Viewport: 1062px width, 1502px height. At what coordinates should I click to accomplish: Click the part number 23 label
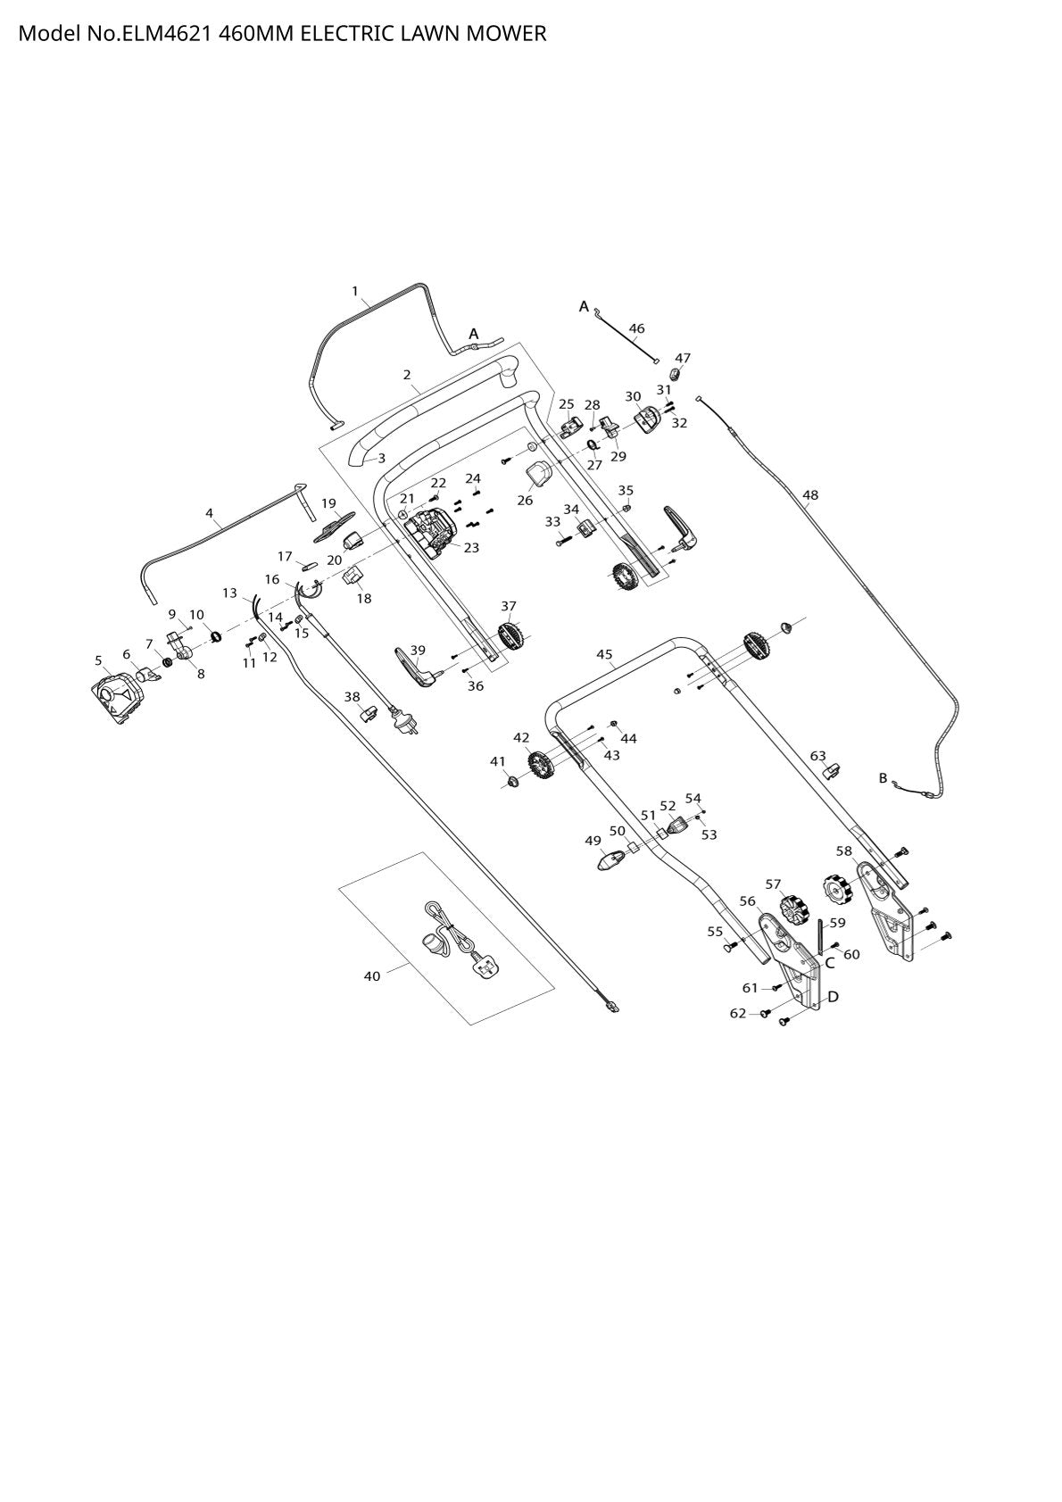pos(471,548)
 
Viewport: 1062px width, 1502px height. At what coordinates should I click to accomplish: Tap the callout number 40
pos(372,976)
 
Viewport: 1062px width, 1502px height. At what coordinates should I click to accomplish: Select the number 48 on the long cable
pos(810,495)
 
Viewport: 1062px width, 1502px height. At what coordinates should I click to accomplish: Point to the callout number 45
pos(604,654)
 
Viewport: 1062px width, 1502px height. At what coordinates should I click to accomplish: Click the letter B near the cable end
pos(883,778)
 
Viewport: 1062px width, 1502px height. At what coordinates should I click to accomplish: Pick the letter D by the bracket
pos(834,997)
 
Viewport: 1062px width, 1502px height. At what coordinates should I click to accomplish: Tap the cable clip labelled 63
pos(832,771)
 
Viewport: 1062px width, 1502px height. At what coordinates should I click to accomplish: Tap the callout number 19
pos(328,503)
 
